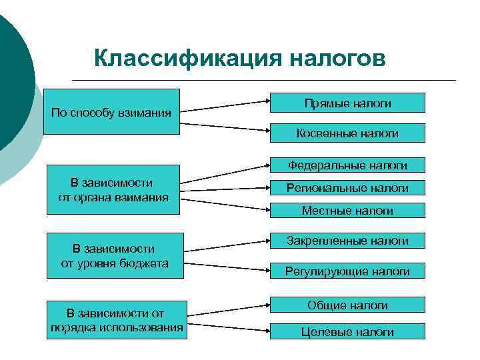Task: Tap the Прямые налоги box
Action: pos(347,103)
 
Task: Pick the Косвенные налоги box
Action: pos(347,133)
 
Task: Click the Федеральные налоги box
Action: pos(347,165)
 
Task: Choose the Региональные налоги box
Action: pos(347,188)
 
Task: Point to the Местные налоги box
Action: pos(347,210)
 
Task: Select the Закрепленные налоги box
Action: pos(347,240)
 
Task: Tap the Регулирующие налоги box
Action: pos(347,270)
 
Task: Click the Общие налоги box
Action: pos(347,305)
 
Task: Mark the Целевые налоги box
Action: pos(347,331)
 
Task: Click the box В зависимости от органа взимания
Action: pos(113,189)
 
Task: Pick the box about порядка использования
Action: pos(117,319)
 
